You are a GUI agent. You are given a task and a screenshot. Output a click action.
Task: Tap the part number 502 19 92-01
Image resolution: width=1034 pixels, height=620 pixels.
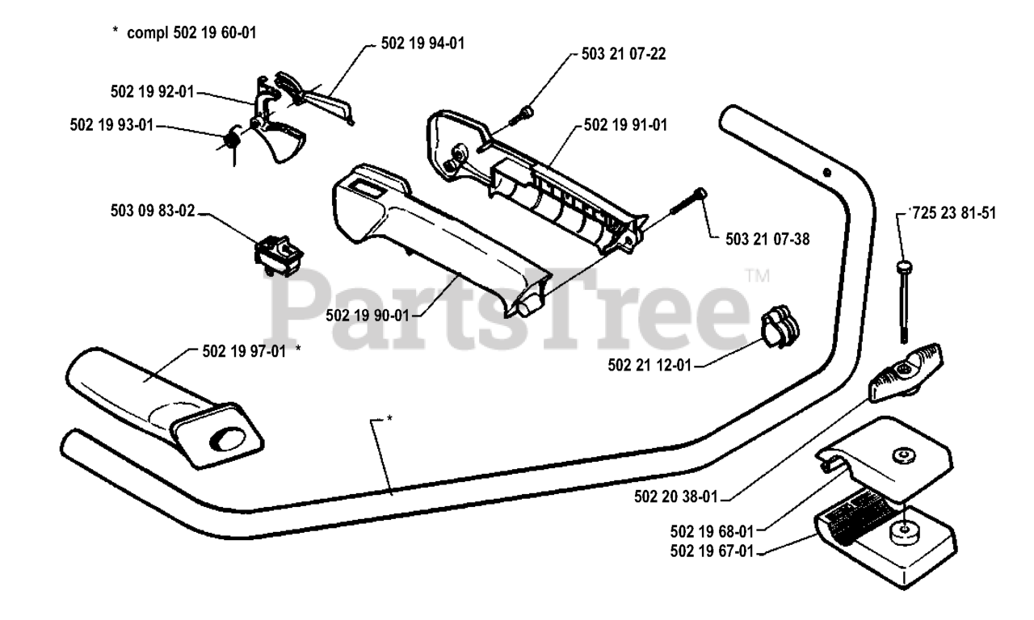(x=153, y=92)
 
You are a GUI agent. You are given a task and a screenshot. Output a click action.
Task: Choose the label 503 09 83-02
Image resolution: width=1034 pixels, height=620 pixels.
(x=153, y=214)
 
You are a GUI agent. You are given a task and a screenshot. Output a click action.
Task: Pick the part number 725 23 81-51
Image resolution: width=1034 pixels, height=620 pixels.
(x=953, y=214)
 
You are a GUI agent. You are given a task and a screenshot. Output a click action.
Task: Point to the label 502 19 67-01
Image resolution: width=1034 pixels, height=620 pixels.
(x=711, y=551)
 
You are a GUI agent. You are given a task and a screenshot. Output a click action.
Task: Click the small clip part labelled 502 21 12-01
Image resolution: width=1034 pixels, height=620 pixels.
(x=781, y=328)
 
